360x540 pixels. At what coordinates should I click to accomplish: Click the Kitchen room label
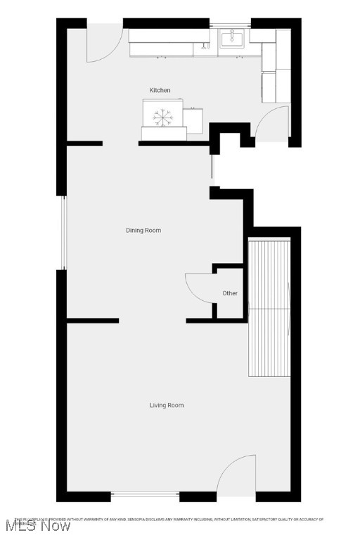pos(160,91)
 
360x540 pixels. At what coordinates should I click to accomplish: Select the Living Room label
pos(167,405)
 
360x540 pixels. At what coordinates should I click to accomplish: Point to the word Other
pos(230,293)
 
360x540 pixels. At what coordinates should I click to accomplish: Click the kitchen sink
pos(231,39)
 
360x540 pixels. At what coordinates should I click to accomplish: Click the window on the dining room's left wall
pos(62,232)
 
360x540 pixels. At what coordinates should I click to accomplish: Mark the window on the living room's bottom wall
pos(146,496)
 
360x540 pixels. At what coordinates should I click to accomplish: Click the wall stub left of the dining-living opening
pos(92,321)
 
